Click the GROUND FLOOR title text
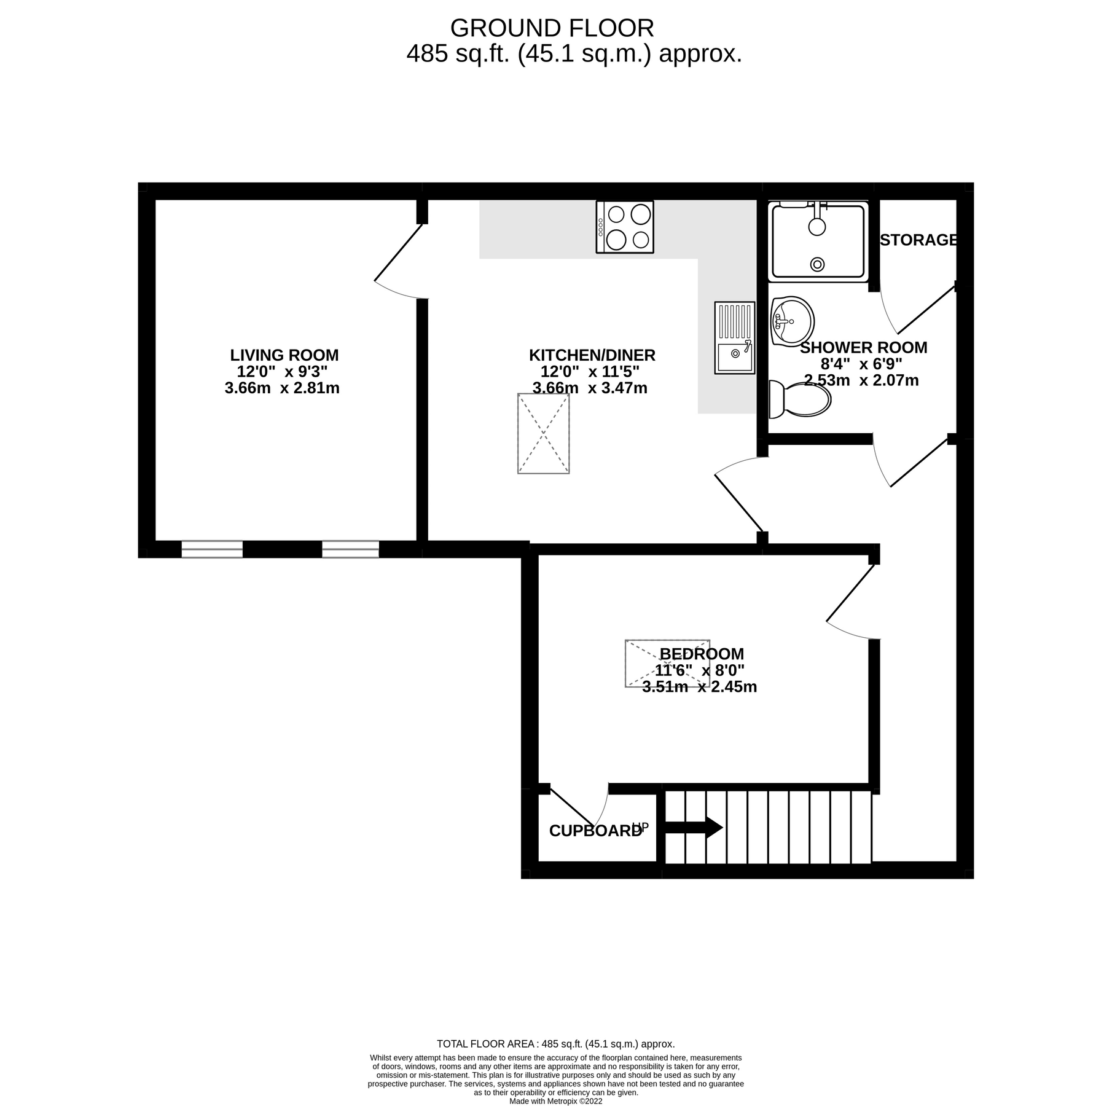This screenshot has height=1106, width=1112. click(552, 28)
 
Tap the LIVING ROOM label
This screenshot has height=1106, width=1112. click(284, 355)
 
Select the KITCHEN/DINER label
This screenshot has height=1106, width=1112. click(592, 355)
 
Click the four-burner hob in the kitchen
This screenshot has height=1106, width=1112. click(624, 227)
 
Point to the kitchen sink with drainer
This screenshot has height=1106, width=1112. click(734, 337)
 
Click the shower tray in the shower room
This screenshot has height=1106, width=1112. click(818, 241)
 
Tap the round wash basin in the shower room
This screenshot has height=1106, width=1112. click(792, 321)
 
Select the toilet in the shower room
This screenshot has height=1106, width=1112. click(801, 399)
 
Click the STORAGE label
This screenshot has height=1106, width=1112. click(918, 240)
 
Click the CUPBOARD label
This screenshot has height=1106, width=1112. click(595, 831)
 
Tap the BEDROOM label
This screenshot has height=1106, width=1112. click(701, 654)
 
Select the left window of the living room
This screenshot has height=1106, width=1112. click(212, 549)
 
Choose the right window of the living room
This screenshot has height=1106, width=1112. click(350, 549)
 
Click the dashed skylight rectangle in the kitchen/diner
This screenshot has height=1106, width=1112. click(543, 434)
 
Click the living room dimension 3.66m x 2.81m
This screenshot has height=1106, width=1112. click(282, 388)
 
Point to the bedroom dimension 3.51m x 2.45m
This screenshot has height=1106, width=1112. click(699, 687)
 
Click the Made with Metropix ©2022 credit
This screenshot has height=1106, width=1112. click(555, 1101)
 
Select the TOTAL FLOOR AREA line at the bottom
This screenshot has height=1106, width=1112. click(555, 1044)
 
